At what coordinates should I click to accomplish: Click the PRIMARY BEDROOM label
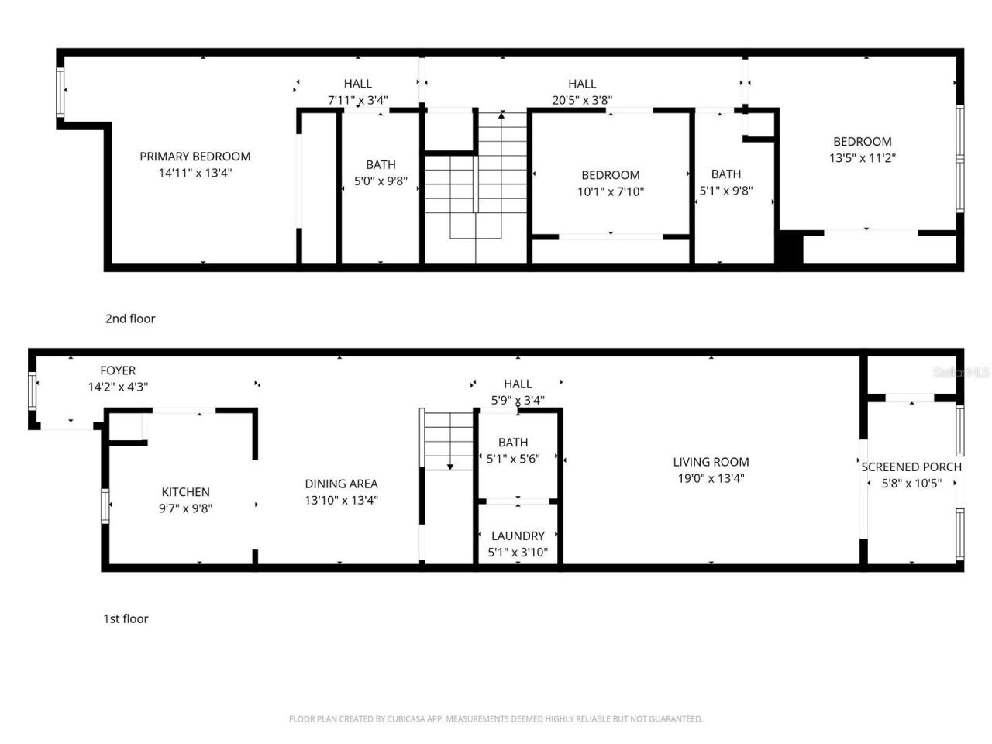click(195, 157)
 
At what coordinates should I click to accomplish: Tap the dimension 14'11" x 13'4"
click(195, 174)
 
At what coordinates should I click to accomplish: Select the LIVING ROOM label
click(711, 462)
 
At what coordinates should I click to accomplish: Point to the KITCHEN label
click(185, 492)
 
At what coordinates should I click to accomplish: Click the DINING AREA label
click(341, 484)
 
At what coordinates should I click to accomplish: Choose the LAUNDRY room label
click(517, 536)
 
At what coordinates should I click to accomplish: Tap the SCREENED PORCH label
click(911, 467)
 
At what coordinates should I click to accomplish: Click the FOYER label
click(118, 370)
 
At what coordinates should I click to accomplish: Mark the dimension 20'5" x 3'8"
click(582, 100)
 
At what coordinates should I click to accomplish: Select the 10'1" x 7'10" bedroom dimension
click(611, 191)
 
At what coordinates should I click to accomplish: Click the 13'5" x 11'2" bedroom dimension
click(862, 158)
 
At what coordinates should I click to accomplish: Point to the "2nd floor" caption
click(130, 319)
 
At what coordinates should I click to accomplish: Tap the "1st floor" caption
click(126, 618)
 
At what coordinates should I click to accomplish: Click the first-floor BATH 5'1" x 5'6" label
click(512, 443)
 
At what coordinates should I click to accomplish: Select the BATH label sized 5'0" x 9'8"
click(381, 165)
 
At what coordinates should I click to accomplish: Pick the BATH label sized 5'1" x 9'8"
click(726, 174)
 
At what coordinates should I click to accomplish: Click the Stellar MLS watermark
click(961, 373)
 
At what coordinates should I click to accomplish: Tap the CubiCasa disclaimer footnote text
click(495, 719)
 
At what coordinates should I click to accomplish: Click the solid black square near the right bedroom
click(790, 250)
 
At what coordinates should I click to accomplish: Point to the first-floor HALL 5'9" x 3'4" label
click(518, 384)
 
